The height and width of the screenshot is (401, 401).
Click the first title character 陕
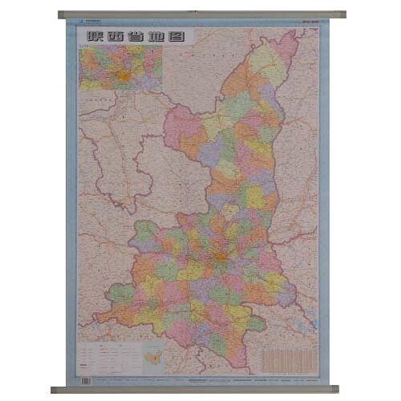click(96, 35)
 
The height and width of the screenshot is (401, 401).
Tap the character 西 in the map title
click(117, 35)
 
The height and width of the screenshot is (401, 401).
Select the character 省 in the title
click(138, 35)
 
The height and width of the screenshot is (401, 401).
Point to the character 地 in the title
click(159, 35)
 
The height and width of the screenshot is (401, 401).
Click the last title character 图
click(180, 35)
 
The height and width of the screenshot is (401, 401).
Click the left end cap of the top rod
click(63, 14)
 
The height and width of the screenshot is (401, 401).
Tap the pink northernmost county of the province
click(287, 46)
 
